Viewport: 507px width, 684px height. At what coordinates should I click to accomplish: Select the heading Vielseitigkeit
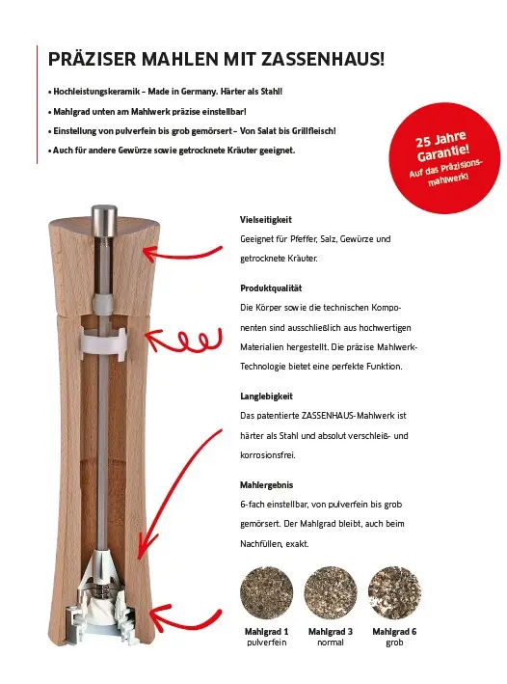click(x=266, y=221)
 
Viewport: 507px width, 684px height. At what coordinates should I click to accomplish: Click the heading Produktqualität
click(x=271, y=288)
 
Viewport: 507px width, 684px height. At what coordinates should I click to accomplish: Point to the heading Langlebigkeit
click(x=267, y=396)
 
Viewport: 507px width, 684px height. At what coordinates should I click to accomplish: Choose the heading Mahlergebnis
click(x=267, y=483)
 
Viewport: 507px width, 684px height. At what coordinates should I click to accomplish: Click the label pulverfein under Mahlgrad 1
click(x=267, y=642)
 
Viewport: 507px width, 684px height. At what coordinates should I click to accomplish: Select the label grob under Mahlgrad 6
click(x=393, y=642)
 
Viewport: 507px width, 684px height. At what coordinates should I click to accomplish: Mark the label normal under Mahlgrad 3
click(x=330, y=642)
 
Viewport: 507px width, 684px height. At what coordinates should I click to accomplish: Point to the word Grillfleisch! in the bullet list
click(x=307, y=132)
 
